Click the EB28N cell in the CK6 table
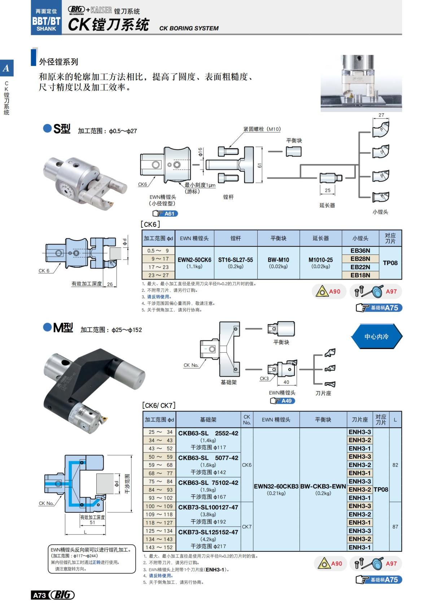point(360,259)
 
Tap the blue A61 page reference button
point(165,213)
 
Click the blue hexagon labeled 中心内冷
point(376,336)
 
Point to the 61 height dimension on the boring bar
point(259,166)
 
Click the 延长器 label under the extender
point(327,205)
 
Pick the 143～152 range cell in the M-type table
point(159,547)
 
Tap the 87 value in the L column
point(395,527)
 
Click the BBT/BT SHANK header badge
point(46,21)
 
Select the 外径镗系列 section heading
point(58,62)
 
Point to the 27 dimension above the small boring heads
point(381,115)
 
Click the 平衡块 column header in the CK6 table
point(278,238)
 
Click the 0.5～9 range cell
point(158,250)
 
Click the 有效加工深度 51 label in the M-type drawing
point(92,520)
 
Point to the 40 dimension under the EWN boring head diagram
point(286,382)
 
